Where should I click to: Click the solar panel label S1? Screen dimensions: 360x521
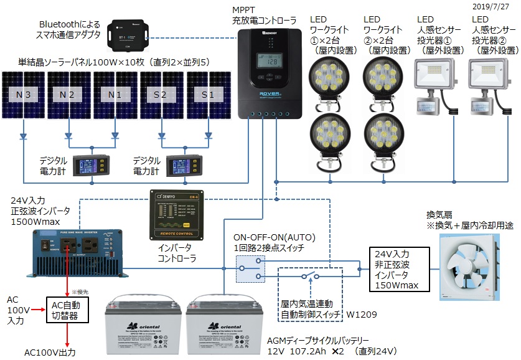point(205,95)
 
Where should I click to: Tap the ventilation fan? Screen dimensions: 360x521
point(475,267)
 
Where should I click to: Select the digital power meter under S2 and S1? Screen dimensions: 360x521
point(184,166)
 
